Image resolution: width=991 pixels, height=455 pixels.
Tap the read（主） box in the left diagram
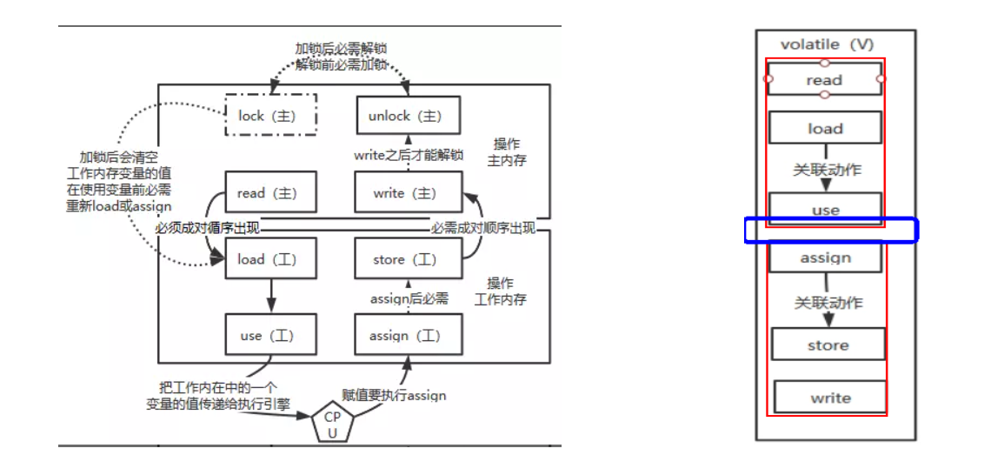pos(269,193)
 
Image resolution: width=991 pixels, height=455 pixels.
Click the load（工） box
pos(269,258)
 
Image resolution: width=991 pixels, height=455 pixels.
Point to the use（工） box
pos(269,335)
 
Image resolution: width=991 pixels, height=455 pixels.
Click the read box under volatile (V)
pos(824,80)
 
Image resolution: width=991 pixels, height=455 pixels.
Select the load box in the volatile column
pos(825,128)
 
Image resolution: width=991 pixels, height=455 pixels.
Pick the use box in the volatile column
pos(825,209)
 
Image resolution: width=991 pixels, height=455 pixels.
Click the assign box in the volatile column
pos(825,258)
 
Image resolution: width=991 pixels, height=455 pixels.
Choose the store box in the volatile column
pos(828,345)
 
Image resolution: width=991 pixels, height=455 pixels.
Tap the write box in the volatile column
pos(830,398)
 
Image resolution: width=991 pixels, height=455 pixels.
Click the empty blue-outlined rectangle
pos(831,231)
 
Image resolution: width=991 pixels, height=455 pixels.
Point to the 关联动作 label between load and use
pos(827,169)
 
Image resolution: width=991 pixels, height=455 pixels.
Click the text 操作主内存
pos(509,151)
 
